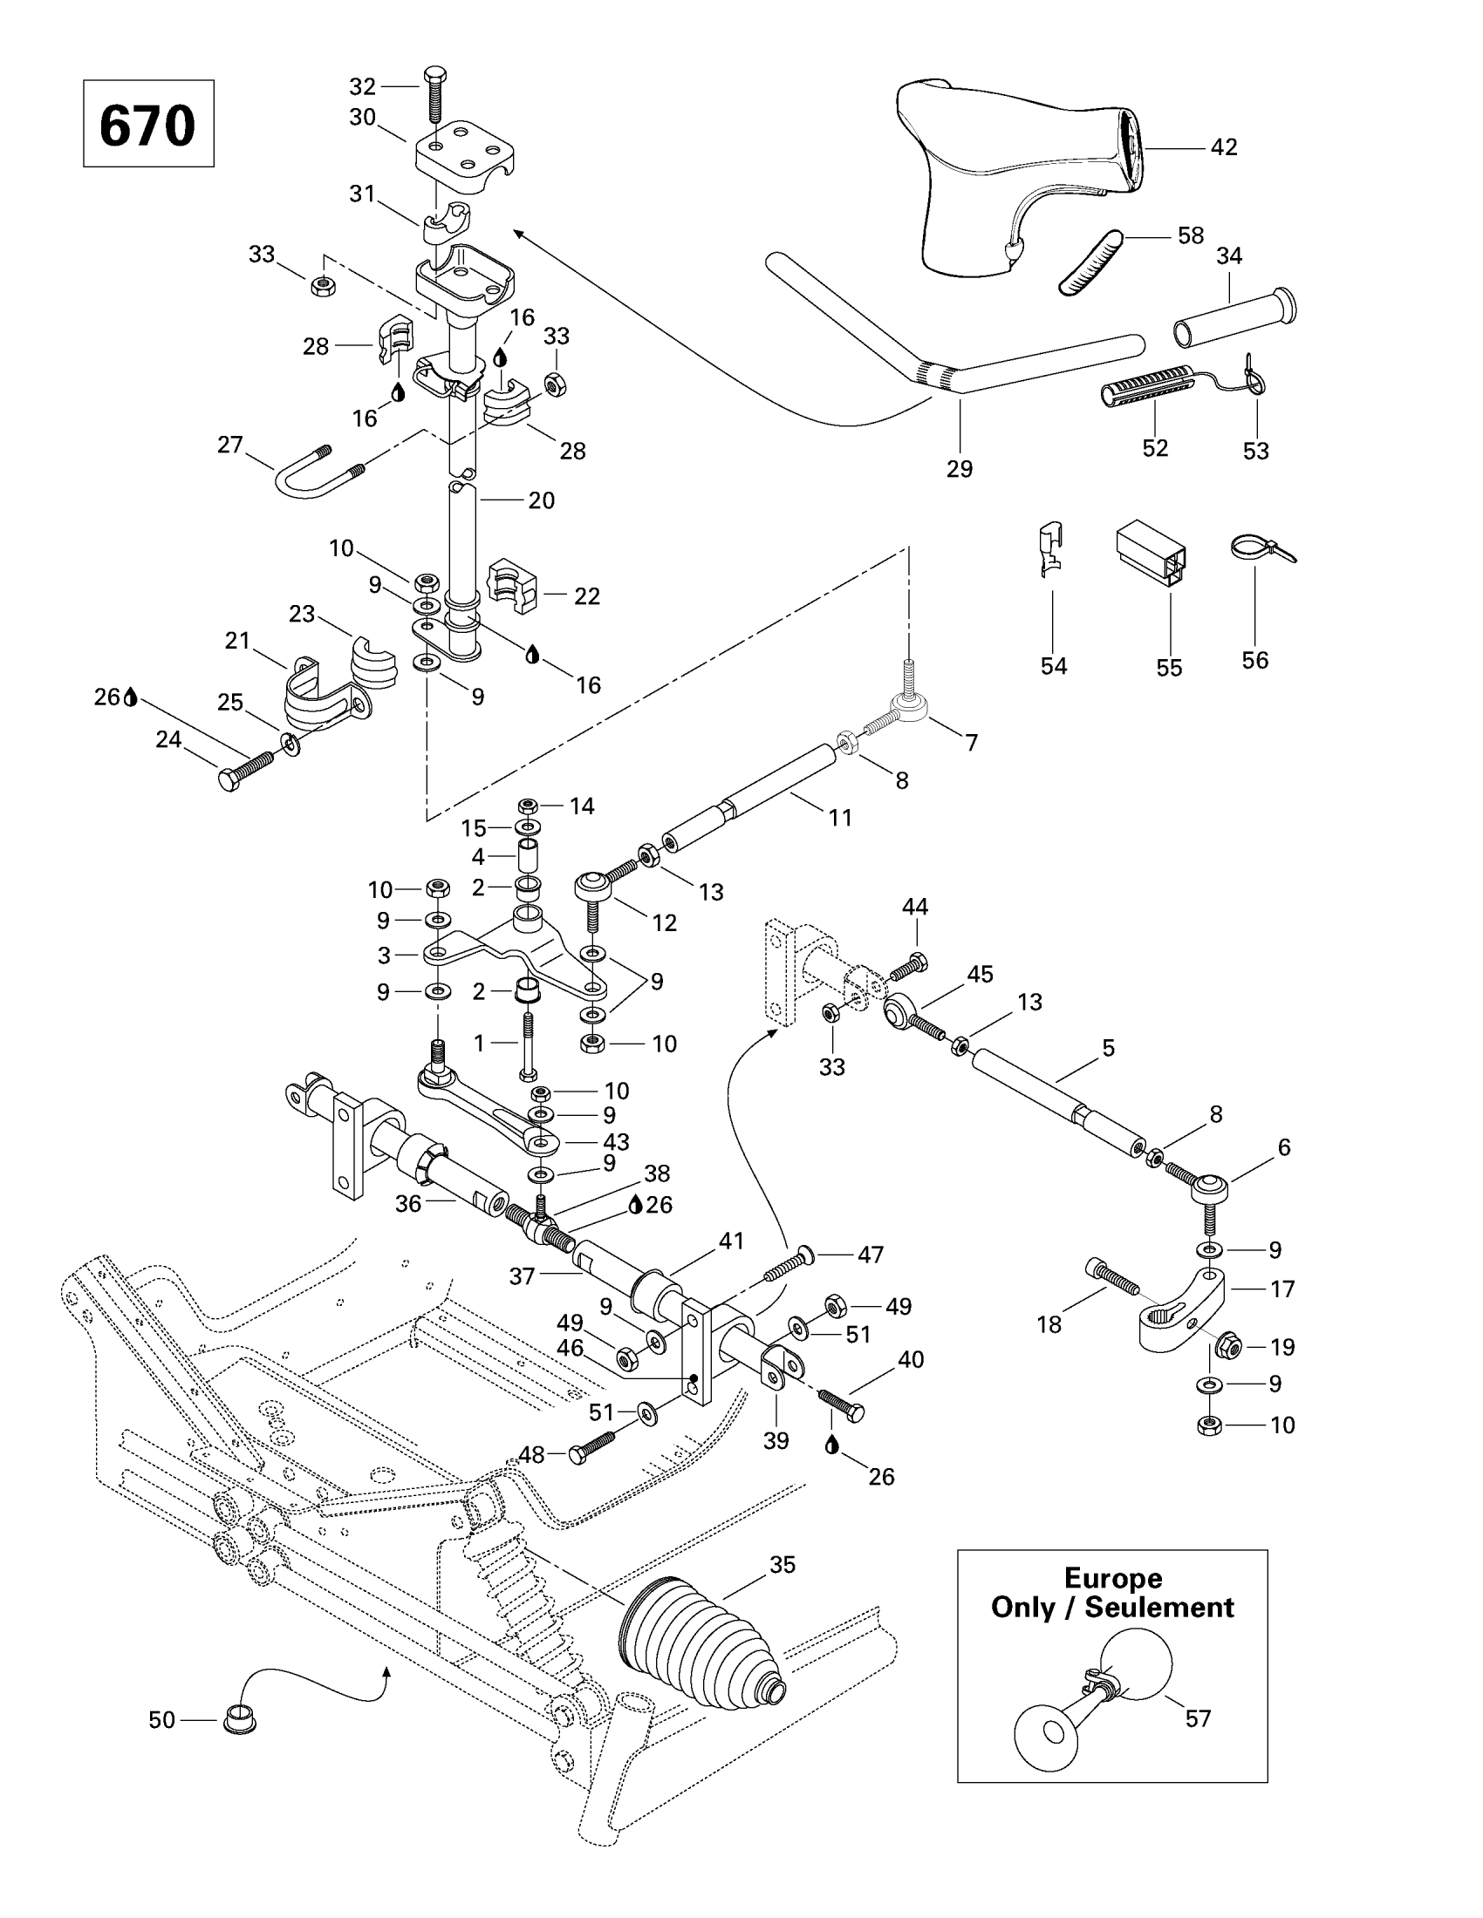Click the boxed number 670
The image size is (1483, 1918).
tap(147, 125)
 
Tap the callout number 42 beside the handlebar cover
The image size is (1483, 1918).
tap(1223, 147)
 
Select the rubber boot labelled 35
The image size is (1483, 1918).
tap(699, 1648)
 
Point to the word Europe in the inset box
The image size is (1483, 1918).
tap(1112, 1578)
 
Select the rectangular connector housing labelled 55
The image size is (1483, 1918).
tap(1151, 551)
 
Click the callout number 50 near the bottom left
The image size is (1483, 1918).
tap(161, 1719)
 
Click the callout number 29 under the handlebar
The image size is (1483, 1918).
tap(960, 469)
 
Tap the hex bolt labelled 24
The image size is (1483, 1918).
tap(244, 771)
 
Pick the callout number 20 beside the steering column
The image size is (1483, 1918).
tap(541, 500)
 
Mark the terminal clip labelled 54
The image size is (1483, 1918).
tap(1049, 549)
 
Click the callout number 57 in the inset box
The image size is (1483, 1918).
tap(1198, 1718)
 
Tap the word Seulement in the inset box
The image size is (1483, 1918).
tap(1158, 1608)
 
